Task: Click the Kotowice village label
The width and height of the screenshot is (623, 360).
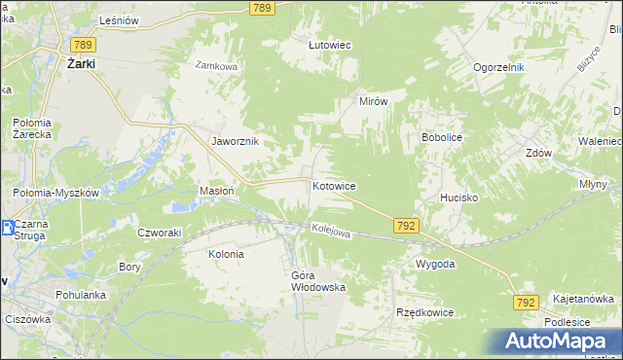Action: tap(333, 185)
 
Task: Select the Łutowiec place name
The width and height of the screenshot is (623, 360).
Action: tap(329, 45)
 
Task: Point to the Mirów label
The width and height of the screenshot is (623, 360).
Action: tap(374, 101)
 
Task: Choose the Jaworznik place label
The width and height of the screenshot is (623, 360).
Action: tap(235, 141)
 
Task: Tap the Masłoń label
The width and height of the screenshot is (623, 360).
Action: tap(216, 191)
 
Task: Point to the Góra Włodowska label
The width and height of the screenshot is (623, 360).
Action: tap(318, 280)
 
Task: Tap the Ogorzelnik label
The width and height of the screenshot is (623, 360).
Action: tap(499, 67)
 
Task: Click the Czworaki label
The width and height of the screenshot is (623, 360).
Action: tap(160, 233)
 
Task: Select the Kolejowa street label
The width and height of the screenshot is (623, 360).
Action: tap(330, 231)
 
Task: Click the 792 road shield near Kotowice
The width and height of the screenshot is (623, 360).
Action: tap(408, 225)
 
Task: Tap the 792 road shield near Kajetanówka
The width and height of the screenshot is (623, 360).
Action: tap(526, 304)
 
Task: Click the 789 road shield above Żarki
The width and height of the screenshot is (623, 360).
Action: tap(83, 44)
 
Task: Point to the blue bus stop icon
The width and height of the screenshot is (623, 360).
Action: tap(7, 229)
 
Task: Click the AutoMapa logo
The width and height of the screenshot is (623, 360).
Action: tap(557, 341)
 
